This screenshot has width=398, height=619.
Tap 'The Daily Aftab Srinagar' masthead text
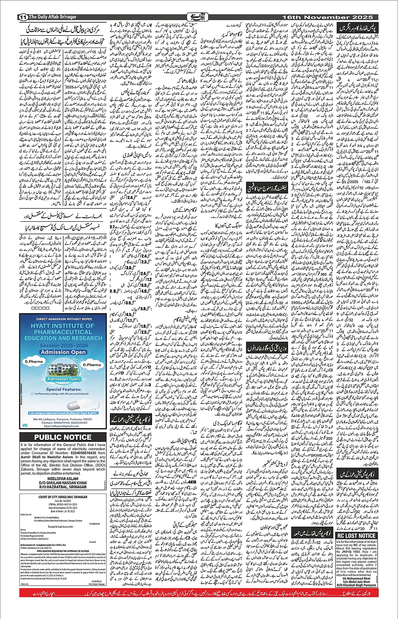(x=53, y=17)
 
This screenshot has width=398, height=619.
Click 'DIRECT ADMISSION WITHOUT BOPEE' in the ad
(x=64, y=319)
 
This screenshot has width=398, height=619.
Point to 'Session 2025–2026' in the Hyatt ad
(x=64, y=345)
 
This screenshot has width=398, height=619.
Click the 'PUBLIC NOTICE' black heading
(x=63, y=437)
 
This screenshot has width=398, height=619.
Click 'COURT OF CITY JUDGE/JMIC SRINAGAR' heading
(x=63, y=497)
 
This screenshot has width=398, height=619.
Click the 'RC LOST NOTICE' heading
(x=356, y=536)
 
